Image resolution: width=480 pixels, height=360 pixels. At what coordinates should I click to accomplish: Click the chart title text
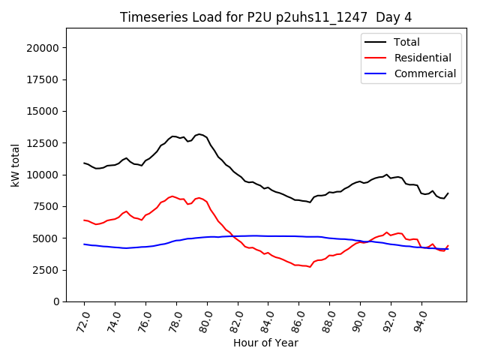(x=266, y=17)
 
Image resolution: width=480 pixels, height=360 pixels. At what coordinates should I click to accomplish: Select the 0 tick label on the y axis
(x=57, y=301)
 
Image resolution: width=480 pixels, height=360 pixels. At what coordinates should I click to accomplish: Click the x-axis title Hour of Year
(x=265, y=343)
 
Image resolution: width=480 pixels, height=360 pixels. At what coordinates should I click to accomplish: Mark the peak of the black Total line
(x=199, y=134)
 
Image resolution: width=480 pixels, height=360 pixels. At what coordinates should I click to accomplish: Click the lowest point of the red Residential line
(x=310, y=267)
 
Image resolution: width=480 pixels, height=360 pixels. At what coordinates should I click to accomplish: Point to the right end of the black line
(x=448, y=193)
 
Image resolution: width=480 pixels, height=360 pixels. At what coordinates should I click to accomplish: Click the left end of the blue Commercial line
(x=84, y=244)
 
